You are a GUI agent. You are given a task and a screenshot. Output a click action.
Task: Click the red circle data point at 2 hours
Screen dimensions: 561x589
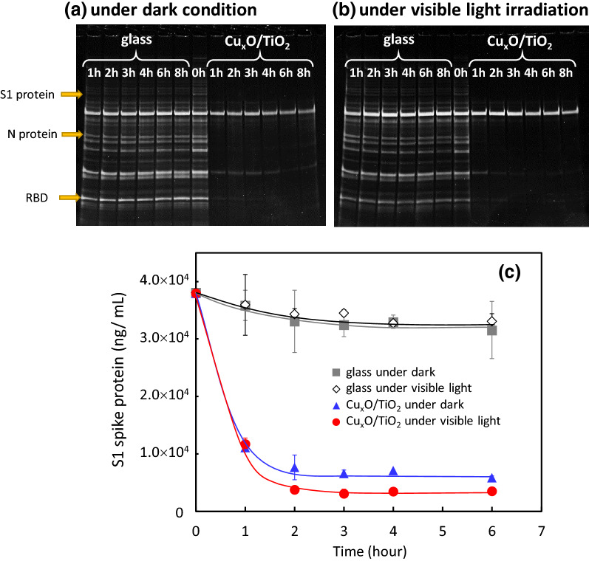294,489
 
